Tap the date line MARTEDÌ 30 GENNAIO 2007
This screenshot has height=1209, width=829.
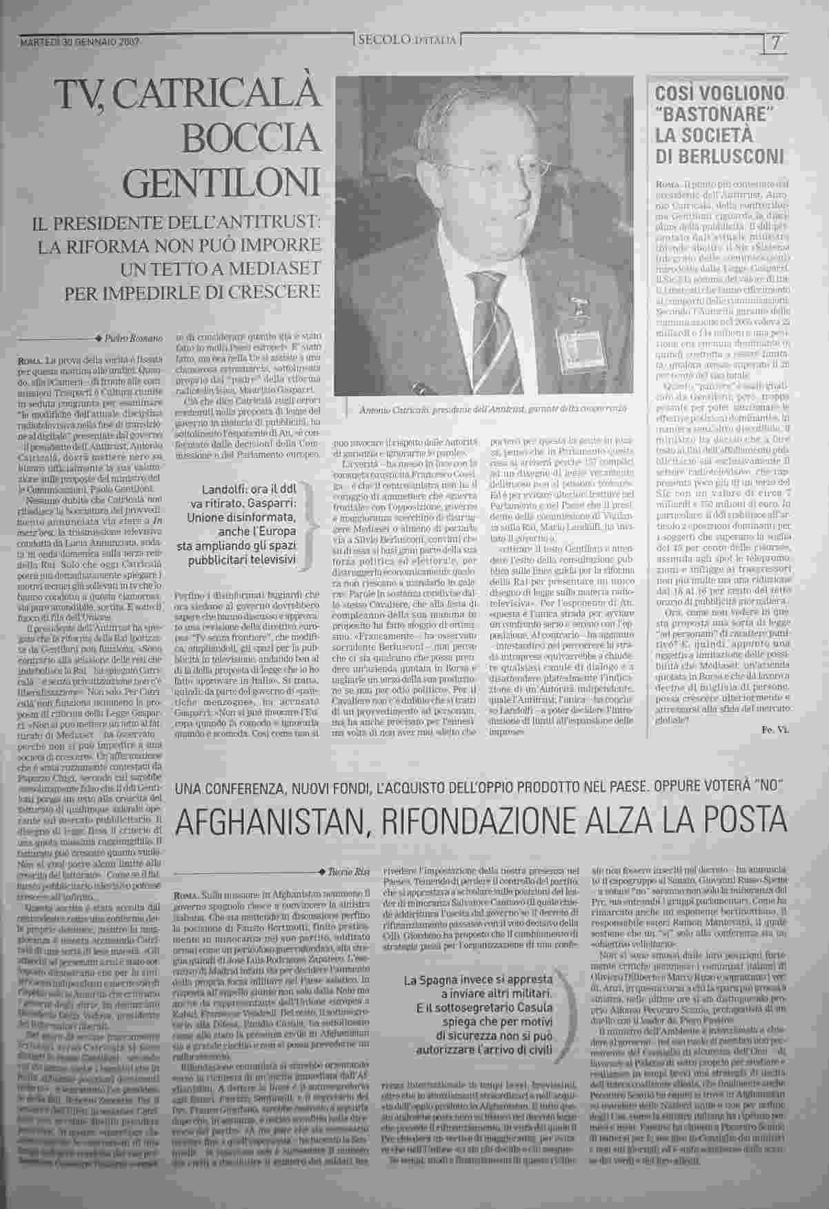tap(81, 42)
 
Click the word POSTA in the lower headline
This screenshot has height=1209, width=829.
tap(744, 820)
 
